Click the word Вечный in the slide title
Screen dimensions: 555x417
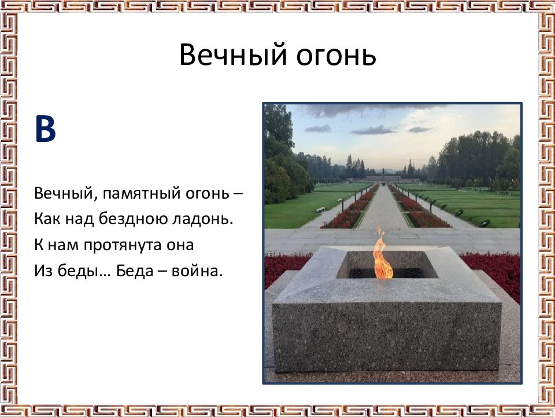click(233, 54)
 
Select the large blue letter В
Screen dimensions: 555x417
click(45, 129)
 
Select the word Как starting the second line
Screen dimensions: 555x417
click(47, 220)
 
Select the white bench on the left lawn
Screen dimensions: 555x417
click(320, 210)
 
